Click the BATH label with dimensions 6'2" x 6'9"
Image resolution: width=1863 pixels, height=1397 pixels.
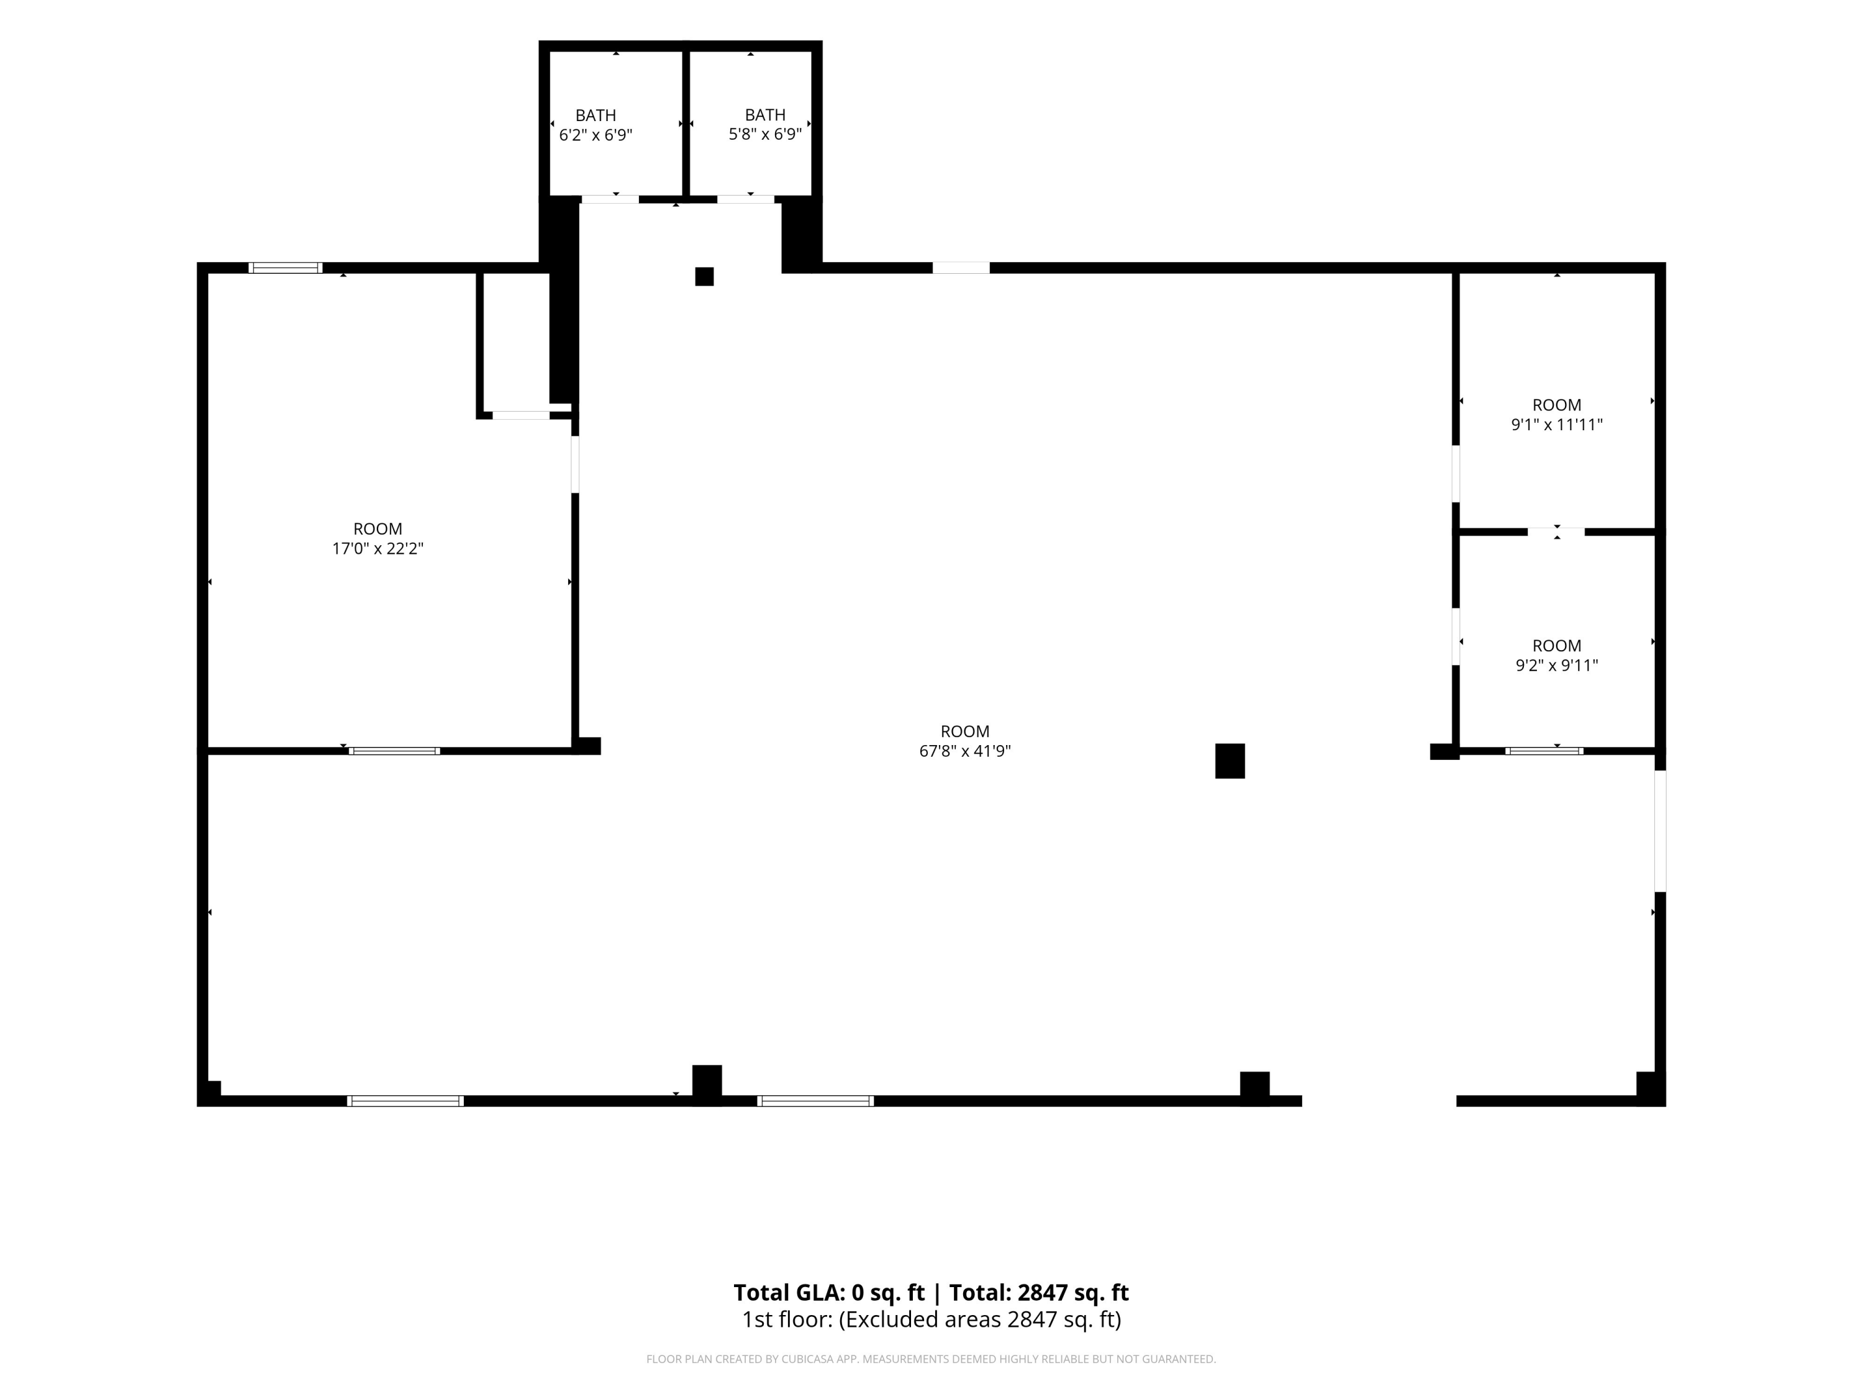[596, 125]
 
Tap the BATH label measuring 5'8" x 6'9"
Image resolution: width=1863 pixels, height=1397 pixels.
[764, 125]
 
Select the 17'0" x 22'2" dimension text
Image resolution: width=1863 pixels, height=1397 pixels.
[378, 548]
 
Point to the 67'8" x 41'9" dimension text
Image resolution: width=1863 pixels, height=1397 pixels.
[964, 751]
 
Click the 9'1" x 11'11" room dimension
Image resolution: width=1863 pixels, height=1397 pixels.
[1556, 425]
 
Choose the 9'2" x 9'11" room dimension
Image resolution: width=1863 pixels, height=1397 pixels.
[1556, 665]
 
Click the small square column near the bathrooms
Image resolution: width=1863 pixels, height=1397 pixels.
[704, 276]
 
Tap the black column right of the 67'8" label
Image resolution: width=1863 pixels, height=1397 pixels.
[1230, 761]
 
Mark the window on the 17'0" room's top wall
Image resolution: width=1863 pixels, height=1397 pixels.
[286, 268]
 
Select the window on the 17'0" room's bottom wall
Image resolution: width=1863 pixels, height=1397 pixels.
[394, 750]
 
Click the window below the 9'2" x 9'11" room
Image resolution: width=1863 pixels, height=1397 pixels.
[1544, 750]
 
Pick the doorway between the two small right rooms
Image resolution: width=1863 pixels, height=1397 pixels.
[1556, 531]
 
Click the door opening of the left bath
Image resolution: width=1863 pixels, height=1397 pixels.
[610, 199]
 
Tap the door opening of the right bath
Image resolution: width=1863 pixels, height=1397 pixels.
[745, 199]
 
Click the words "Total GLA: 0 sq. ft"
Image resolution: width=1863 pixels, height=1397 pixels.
[829, 1293]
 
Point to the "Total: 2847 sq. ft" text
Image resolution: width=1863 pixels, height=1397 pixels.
[1038, 1293]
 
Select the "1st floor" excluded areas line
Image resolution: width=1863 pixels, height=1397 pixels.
[931, 1319]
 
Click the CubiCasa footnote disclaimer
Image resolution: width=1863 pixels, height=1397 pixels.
[931, 1359]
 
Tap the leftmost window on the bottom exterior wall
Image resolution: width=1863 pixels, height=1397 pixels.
[405, 1101]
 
